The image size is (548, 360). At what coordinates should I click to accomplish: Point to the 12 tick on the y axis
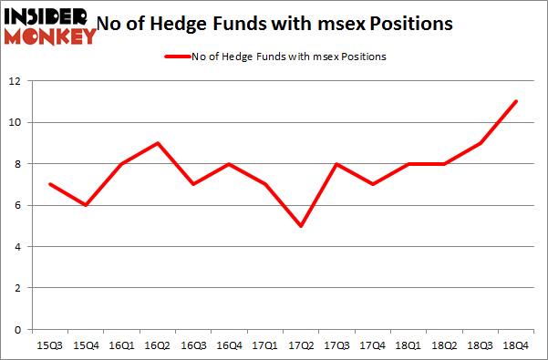click(16, 81)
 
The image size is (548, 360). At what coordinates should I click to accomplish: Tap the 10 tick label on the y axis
click(16, 122)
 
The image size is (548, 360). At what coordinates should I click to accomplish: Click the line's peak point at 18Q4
click(516, 101)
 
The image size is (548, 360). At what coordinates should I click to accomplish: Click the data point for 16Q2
click(160, 143)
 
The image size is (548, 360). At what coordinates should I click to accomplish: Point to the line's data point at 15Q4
click(86, 205)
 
